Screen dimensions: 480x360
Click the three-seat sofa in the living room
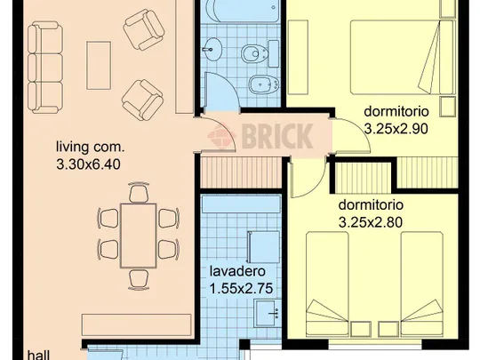click(x=45, y=68)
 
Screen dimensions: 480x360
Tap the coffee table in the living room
click(x=99, y=66)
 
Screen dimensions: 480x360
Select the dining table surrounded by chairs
click(x=139, y=236)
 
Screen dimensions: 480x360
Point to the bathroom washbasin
click(x=212, y=49)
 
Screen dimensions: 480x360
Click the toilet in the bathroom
click(x=260, y=53)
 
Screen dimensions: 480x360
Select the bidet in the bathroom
click(x=264, y=84)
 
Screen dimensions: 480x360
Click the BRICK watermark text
click(x=277, y=136)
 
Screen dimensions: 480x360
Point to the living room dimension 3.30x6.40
click(x=89, y=164)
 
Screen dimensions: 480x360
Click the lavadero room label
click(x=237, y=271)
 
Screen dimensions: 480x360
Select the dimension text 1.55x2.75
click(x=241, y=288)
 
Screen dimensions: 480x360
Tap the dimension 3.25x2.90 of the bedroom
click(x=396, y=129)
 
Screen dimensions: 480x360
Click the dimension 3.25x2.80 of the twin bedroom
click(x=371, y=222)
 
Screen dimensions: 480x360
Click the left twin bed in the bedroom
click(x=327, y=284)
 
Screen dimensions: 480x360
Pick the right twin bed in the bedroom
click(x=422, y=284)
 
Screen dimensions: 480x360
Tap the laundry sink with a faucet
click(x=268, y=313)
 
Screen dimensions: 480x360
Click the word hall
click(x=38, y=355)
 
